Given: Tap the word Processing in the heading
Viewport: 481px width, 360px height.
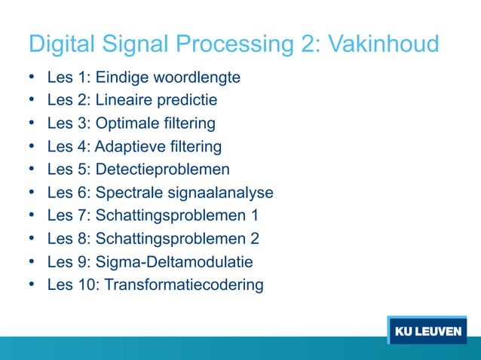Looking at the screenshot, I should click(x=230, y=44).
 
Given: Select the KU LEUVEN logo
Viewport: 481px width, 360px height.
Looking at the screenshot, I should click(x=427, y=332).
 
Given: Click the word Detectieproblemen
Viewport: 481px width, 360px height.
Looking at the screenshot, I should click(x=163, y=169).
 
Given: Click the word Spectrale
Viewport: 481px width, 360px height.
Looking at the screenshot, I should click(x=128, y=193).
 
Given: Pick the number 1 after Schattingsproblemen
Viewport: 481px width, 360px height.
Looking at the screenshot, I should click(x=255, y=216).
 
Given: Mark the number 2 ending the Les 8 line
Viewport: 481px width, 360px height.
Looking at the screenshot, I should click(x=255, y=239).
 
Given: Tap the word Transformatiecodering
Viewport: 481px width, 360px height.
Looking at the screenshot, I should click(x=184, y=285).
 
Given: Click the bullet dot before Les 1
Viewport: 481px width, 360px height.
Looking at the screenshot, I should click(x=32, y=78).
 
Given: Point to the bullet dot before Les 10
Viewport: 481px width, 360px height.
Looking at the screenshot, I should click(x=32, y=284).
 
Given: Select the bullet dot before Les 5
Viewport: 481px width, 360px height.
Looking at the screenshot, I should click(x=32, y=169).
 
